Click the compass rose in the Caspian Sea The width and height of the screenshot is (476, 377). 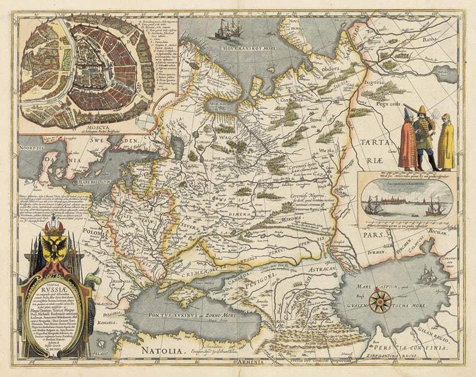[379, 301]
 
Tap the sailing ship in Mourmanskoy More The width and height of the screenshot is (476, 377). [228, 29]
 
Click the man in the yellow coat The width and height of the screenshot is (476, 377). [445, 144]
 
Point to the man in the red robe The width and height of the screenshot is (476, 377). [408, 144]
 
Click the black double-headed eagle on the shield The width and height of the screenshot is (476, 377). [55, 249]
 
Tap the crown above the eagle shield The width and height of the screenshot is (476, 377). [55, 227]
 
